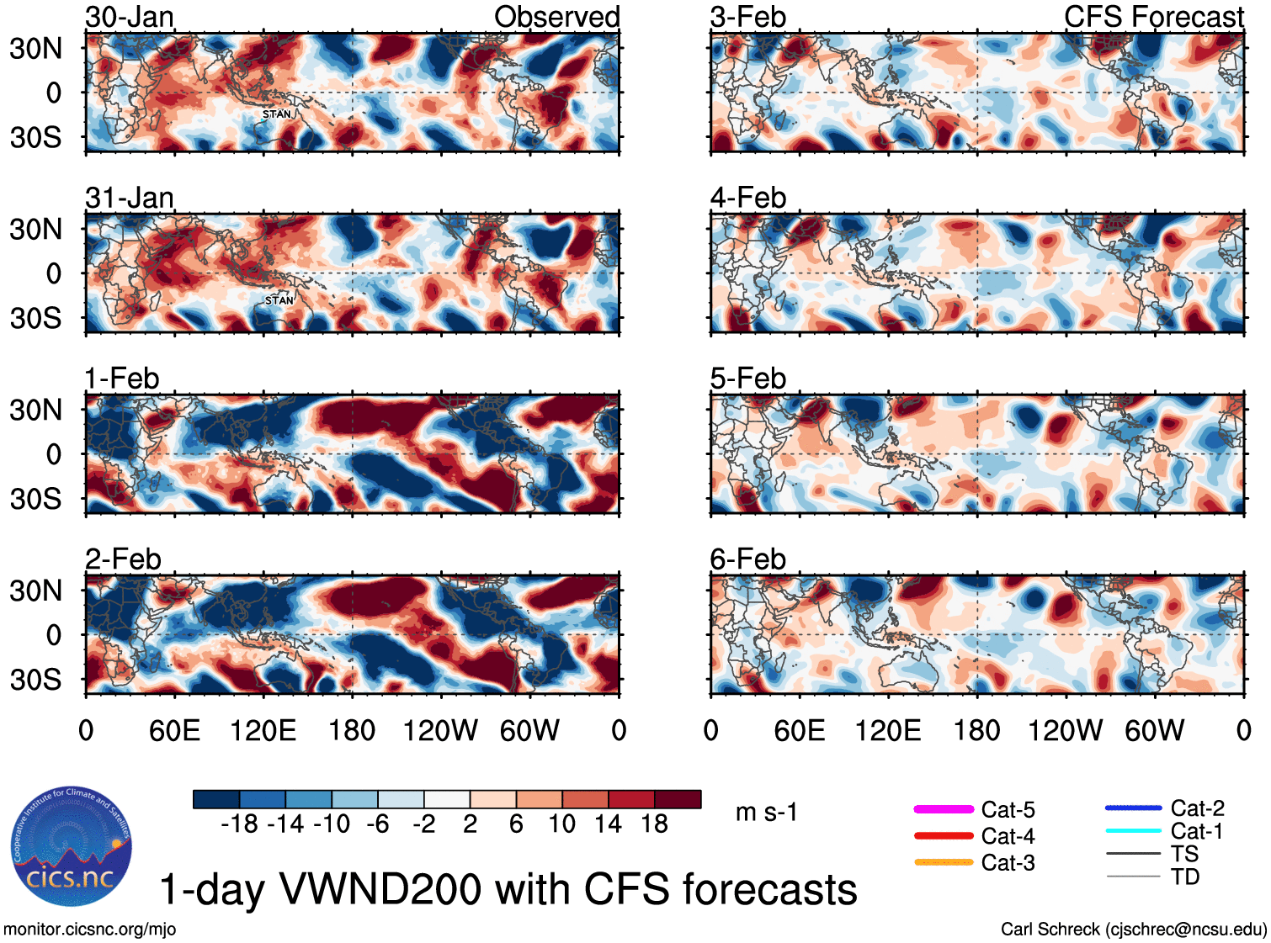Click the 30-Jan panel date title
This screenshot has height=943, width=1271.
click(x=130, y=17)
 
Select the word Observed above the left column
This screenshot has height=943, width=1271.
click(x=556, y=17)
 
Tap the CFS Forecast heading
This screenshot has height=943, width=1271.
click(x=1153, y=17)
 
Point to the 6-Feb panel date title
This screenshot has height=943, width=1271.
click(x=747, y=559)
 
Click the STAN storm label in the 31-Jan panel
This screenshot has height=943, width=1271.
click(x=279, y=300)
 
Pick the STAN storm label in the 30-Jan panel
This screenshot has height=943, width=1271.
click(x=277, y=114)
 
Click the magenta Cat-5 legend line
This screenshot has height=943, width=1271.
click(x=944, y=809)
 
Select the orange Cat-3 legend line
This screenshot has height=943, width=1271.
click(x=944, y=862)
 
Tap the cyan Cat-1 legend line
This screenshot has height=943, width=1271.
click(x=1133, y=831)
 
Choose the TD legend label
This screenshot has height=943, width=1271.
click(x=1185, y=877)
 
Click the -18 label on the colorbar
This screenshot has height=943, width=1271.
click(x=240, y=824)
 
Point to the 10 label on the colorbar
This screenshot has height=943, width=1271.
click(x=561, y=824)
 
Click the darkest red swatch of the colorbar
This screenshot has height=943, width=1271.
click(x=678, y=799)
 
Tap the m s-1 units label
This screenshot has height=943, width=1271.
click(x=766, y=813)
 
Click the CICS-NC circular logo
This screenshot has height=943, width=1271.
click(x=72, y=846)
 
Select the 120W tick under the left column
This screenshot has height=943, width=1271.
click(x=440, y=730)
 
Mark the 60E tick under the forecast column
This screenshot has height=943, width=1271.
click(x=799, y=730)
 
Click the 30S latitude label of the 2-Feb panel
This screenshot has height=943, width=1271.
click(x=35, y=680)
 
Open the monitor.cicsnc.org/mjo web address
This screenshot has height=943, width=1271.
click(x=89, y=930)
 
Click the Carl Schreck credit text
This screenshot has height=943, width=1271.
click(x=1133, y=930)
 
